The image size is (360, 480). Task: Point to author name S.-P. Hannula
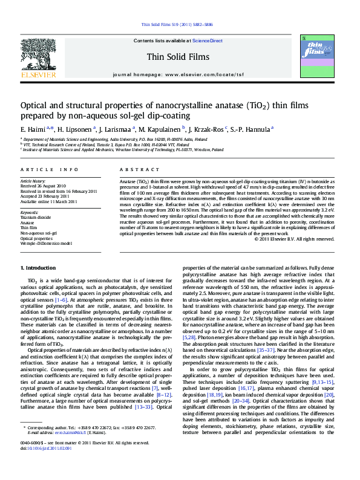[x=252, y=129]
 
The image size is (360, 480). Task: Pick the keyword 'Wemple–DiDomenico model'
[x=46, y=243]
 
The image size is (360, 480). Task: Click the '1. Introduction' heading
[x=39, y=268]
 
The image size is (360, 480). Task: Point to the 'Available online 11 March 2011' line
[x=46, y=201]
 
